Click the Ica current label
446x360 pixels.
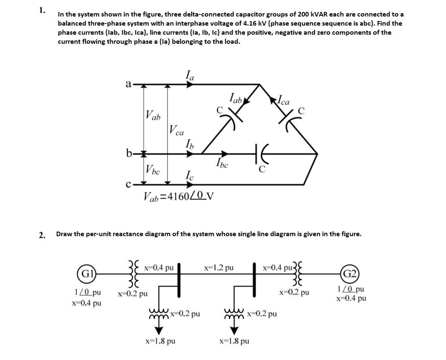(285, 100)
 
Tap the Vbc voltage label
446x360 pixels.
(152, 169)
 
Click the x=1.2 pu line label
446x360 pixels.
(219, 268)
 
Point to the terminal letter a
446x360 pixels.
(128, 84)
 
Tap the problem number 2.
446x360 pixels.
(42, 235)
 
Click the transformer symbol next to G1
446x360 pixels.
(133, 274)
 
